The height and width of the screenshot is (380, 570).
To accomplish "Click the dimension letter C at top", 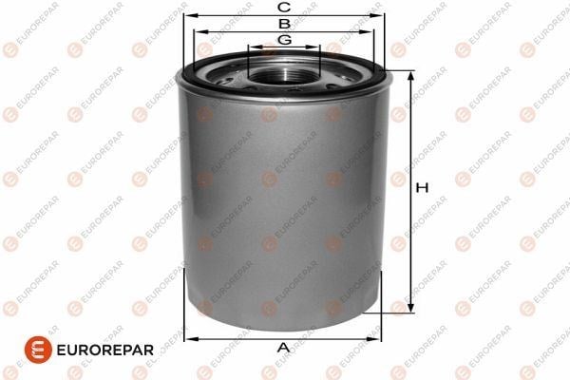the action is (x=284, y=7).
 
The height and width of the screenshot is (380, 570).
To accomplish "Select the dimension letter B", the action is (x=284, y=24).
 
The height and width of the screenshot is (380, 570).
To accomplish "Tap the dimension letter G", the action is (x=284, y=39).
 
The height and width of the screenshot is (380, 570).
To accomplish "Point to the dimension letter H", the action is (x=422, y=188).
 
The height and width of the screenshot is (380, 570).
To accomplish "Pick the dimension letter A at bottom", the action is (x=283, y=348).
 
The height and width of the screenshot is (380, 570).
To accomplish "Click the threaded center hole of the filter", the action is (x=283, y=76).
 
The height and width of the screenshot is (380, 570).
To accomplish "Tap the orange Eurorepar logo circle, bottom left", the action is (x=38, y=350).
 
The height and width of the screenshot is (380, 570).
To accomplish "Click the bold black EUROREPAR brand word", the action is (x=105, y=351).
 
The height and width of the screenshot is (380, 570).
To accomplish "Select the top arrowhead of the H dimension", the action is (x=410, y=76).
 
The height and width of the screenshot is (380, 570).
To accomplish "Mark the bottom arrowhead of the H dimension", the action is (x=410, y=307).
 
